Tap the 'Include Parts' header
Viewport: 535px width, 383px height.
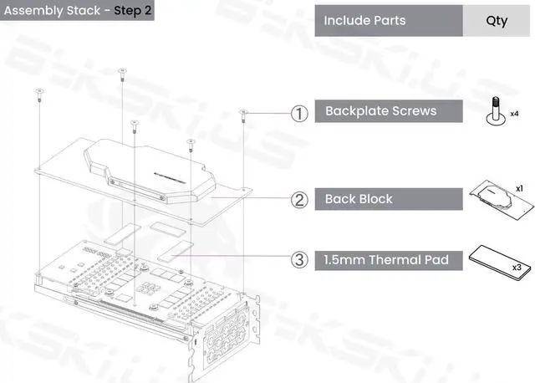coord(364,20)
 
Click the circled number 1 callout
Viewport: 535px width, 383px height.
coord(298,111)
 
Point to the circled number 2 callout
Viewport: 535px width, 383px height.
coord(298,199)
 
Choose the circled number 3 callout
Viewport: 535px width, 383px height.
coord(298,260)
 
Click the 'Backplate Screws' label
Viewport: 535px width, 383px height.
coord(380,111)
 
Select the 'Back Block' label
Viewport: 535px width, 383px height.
coord(359,199)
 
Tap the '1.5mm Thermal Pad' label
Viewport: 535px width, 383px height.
coord(386,260)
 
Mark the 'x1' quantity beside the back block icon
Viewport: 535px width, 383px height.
coord(519,189)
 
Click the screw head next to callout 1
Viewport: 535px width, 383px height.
coord(243,111)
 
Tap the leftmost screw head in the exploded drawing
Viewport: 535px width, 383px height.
coord(38,91)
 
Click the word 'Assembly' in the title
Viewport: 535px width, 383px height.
coord(31,12)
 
